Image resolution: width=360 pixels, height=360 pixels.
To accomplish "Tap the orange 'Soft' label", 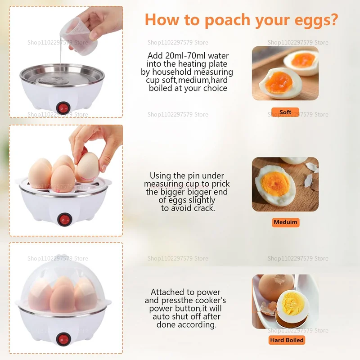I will pyautogui.click(x=285, y=112).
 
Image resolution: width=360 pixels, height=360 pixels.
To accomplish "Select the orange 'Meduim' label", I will pyautogui.click(x=286, y=222).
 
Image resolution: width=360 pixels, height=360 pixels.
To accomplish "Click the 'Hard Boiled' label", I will pyautogui.click(x=287, y=340).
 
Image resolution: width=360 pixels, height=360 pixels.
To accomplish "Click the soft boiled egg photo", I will pyautogui.click(x=285, y=73).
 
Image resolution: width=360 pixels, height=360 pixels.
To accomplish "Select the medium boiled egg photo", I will pyautogui.click(x=285, y=184).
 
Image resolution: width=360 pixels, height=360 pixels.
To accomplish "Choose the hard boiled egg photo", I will pyautogui.click(x=285, y=301).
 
